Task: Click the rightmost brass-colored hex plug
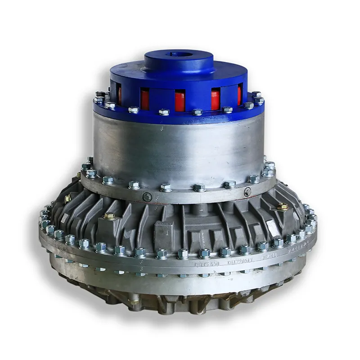click(283, 207)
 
